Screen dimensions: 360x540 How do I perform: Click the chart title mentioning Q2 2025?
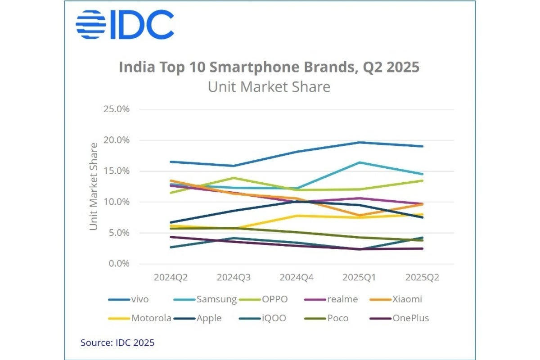click(x=269, y=67)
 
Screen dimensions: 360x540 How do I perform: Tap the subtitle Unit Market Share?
click(x=269, y=86)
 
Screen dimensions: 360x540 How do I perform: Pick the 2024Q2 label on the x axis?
click(x=171, y=278)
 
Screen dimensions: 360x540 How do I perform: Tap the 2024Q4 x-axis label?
click(x=297, y=278)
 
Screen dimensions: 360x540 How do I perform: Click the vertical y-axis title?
click(x=94, y=186)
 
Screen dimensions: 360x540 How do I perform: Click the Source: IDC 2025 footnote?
click(x=117, y=343)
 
